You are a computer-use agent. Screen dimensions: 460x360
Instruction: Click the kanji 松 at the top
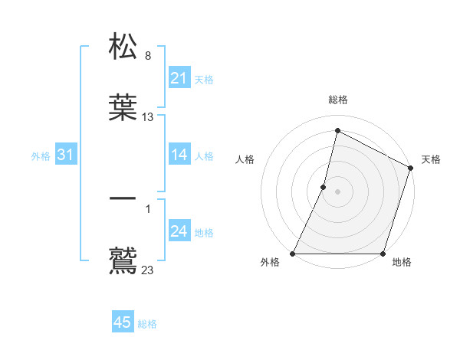(x=123, y=47)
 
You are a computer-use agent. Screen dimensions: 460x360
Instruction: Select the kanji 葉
(x=123, y=107)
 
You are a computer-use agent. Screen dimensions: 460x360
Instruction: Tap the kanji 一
(x=123, y=199)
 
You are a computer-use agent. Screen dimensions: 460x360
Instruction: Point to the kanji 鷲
(x=123, y=259)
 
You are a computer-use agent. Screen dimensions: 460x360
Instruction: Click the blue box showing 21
(x=179, y=78)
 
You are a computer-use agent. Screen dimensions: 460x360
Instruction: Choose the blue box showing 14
(x=179, y=155)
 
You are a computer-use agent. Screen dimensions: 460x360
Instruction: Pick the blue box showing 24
(x=179, y=232)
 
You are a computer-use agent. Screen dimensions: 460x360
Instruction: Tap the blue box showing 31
(x=66, y=155)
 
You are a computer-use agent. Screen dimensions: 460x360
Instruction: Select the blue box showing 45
(x=123, y=322)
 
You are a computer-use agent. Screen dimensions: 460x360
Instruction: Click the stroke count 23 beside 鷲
(x=148, y=270)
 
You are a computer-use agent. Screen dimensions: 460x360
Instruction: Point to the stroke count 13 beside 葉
(x=148, y=117)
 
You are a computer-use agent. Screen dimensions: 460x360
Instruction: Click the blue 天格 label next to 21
(x=204, y=79)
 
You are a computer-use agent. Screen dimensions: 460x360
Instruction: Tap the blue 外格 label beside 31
(x=41, y=156)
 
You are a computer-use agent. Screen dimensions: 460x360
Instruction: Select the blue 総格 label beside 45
(x=147, y=323)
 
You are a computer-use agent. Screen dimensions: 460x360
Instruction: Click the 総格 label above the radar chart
(x=337, y=100)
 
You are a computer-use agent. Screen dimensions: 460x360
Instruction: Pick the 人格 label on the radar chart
(x=245, y=159)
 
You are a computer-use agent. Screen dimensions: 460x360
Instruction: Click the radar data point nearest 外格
(x=293, y=254)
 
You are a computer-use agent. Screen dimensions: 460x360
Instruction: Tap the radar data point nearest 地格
(x=383, y=254)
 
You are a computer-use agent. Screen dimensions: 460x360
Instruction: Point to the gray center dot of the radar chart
(x=337, y=191)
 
